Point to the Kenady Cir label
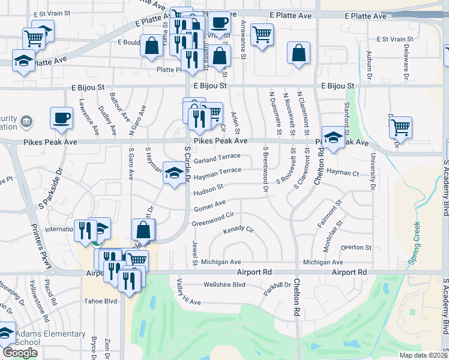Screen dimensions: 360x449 coord(239,230)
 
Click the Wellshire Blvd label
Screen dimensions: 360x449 coord(225,284)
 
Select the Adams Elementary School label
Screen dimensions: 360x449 coord(50,338)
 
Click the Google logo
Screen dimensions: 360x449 coord(20,353)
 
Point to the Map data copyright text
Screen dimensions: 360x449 coord(423,355)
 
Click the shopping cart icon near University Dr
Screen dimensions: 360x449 coord(400,127)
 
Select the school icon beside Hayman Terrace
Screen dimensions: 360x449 coord(174,173)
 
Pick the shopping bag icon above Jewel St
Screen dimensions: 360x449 coord(143,229)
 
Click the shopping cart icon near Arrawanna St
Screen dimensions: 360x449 coord(262,35)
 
